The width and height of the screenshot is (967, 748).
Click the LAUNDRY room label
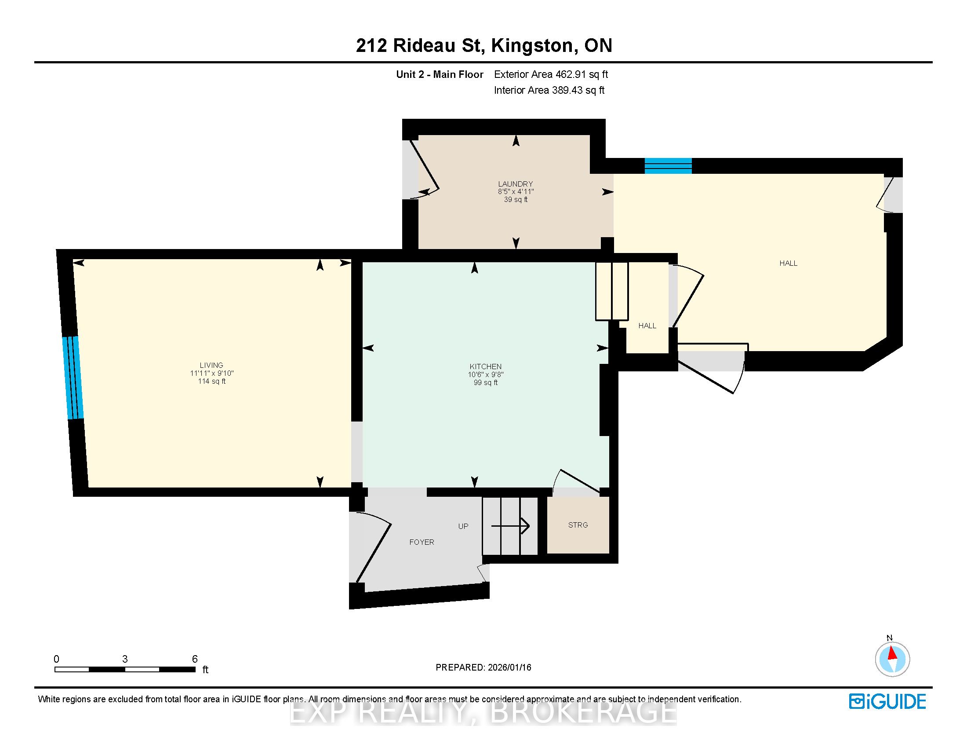point(516,184)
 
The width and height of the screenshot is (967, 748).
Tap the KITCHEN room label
point(486,367)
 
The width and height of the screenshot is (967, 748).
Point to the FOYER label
point(422,542)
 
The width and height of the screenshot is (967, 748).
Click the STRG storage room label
point(578,525)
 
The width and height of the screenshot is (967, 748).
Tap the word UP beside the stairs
point(463,526)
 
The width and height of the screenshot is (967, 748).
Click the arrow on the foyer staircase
point(510,526)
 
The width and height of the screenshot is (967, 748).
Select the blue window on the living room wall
point(73,378)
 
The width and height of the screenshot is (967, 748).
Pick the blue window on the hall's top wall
point(668,166)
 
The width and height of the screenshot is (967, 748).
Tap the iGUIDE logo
point(887,701)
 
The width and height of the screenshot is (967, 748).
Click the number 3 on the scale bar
point(125,659)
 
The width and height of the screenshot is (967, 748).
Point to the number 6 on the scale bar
point(195,659)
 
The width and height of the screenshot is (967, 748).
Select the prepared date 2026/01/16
point(509,667)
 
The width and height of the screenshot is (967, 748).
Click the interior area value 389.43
point(567,90)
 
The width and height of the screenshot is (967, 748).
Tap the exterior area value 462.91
point(571,74)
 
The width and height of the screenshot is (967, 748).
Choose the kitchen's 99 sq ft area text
point(486,382)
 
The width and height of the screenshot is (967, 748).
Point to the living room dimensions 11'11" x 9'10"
point(212,373)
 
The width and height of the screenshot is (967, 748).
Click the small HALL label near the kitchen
point(647,326)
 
